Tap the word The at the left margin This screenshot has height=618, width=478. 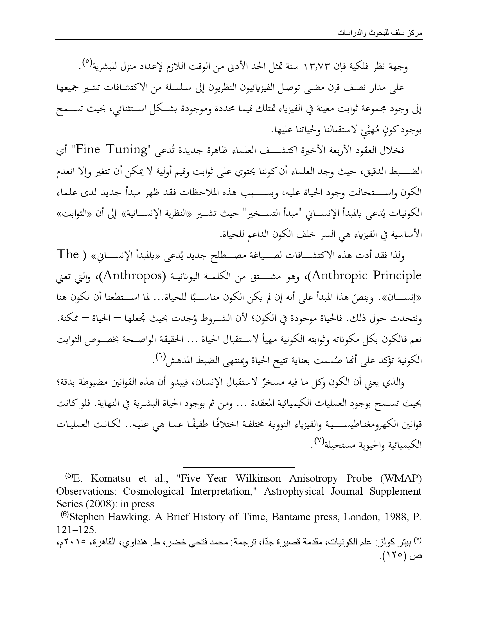68,254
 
